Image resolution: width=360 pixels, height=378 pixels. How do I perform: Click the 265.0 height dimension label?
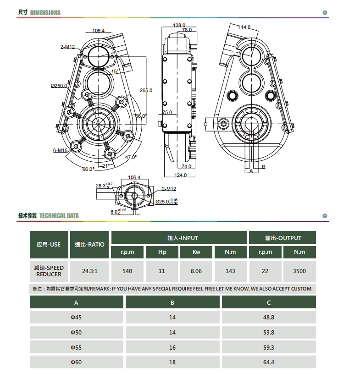[x=146, y=90]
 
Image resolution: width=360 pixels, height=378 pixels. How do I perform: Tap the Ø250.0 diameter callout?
[x=59, y=86]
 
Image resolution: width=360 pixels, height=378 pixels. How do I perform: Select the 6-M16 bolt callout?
[x=60, y=150]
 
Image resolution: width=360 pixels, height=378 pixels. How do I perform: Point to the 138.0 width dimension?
[x=179, y=25]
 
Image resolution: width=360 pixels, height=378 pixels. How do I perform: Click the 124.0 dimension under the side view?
[x=181, y=175]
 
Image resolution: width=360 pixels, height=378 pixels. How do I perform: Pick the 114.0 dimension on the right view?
[x=244, y=27]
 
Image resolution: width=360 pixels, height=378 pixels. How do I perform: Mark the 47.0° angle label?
[x=131, y=157]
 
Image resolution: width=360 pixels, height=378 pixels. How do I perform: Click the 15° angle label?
[x=115, y=71]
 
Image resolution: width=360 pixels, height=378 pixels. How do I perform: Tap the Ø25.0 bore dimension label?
[x=166, y=202]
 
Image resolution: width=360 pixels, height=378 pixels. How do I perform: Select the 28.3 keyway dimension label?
[x=104, y=186]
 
